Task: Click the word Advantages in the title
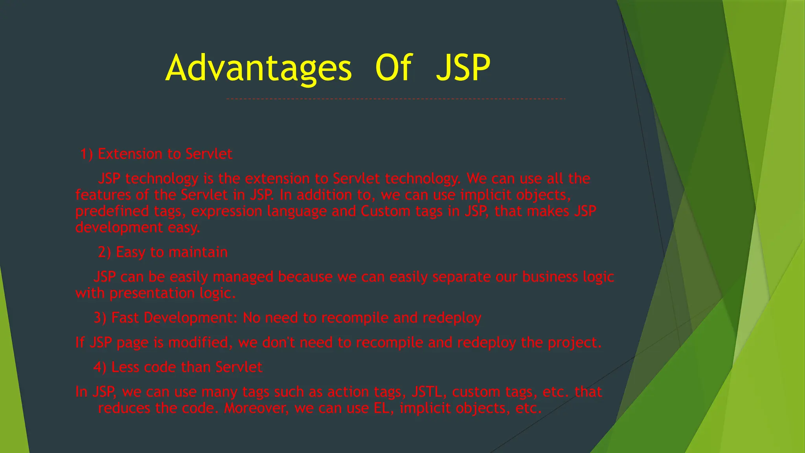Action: (259, 68)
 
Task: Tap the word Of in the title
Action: (393, 68)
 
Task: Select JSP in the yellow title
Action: (463, 68)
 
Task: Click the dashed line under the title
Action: (395, 99)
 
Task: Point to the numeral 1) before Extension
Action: (86, 154)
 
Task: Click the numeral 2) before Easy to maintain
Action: (105, 252)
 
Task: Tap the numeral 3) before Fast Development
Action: (100, 318)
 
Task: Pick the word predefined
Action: (112, 211)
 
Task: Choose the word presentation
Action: (152, 293)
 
